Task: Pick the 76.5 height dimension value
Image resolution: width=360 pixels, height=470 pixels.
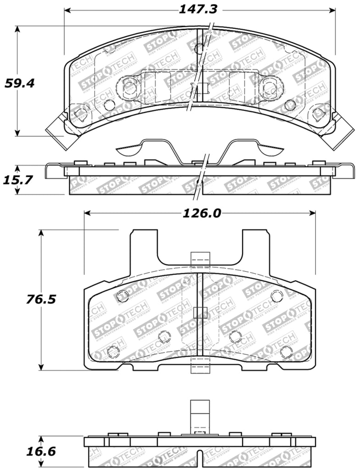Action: pyautogui.click(x=41, y=299)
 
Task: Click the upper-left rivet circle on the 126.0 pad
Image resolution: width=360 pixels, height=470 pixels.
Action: pyautogui.click(x=122, y=296)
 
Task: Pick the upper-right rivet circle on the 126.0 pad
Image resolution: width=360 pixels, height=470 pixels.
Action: pyautogui.click(x=277, y=296)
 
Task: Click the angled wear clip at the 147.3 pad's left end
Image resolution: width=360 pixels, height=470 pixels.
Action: pyautogui.click(x=57, y=130)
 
